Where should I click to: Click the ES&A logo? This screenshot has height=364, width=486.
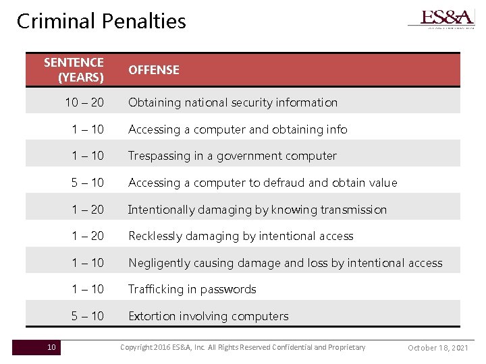[x=441, y=18]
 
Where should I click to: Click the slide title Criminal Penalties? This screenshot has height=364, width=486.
[x=101, y=21]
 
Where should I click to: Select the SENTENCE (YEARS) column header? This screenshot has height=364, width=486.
[x=74, y=69]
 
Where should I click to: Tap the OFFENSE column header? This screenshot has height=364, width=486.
[x=154, y=70]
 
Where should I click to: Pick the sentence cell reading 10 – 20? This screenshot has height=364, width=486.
[x=84, y=102]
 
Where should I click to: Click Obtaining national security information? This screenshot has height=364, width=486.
[x=233, y=102]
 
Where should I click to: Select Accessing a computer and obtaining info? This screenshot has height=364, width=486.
[x=238, y=129]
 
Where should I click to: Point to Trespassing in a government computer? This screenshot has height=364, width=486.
[x=232, y=156]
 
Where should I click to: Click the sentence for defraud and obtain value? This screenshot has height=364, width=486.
[x=88, y=183]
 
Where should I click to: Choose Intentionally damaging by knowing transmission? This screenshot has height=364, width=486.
[x=257, y=210]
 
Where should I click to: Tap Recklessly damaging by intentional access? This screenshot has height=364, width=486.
[x=240, y=236]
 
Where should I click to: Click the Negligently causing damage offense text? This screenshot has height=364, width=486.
[x=286, y=263]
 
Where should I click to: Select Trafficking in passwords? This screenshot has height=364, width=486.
[x=192, y=289]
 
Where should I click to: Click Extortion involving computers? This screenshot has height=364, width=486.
[x=208, y=316]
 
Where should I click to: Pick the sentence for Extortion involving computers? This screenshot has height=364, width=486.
[x=88, y=316]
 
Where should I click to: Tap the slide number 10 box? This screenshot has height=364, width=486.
[x=51, y=347]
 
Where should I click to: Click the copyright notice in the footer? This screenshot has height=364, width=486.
[x=242, y=347]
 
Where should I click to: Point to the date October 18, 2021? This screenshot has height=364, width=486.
[x=438, y=348]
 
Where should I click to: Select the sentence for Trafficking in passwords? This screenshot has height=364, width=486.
[x=88, y=289]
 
